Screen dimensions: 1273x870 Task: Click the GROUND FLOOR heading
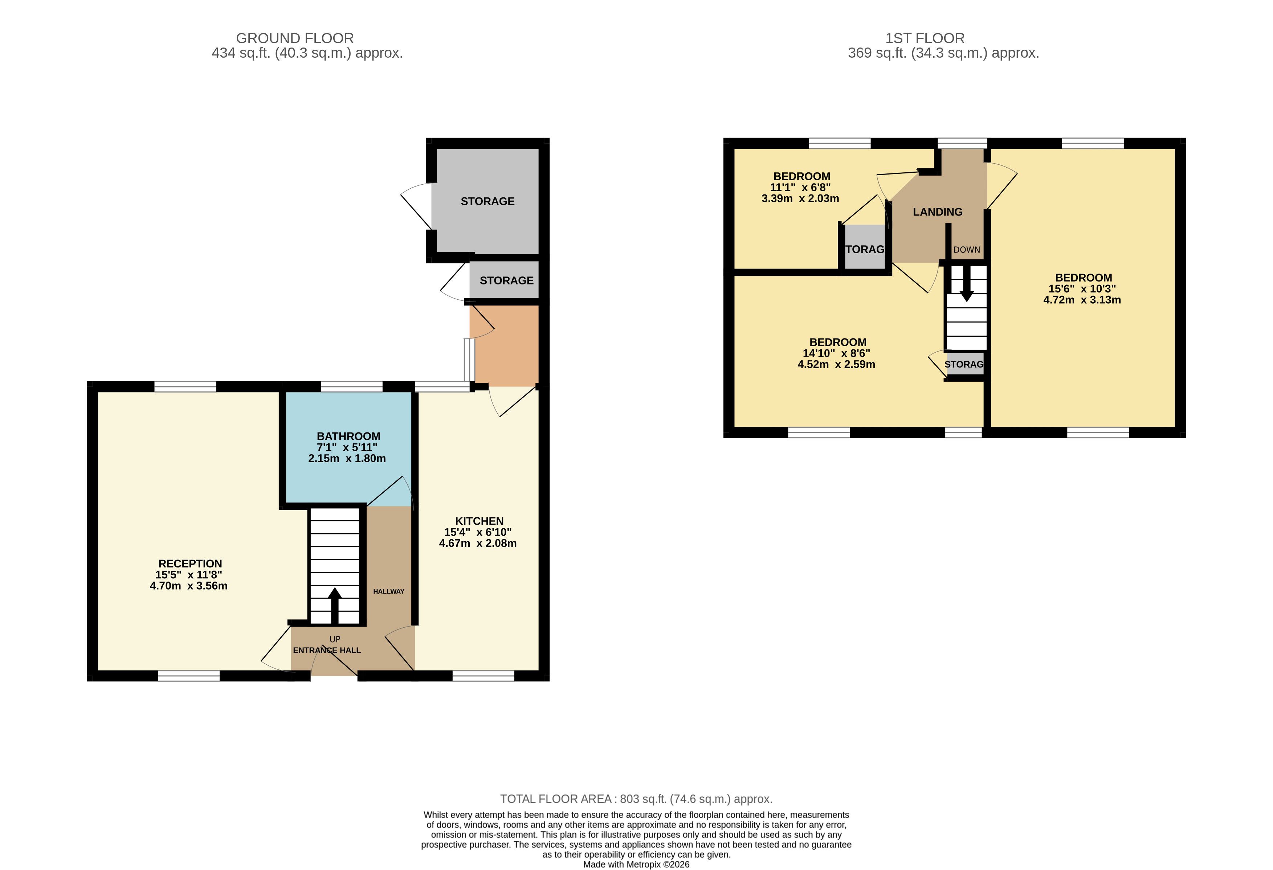[295, 38]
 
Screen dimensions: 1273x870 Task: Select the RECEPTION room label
[190, 563]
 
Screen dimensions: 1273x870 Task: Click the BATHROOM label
[348, 436]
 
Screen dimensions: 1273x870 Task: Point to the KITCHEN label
[479, 521]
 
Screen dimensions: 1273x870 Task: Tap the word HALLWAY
[389, 591]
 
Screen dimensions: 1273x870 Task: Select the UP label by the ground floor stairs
[335, 639]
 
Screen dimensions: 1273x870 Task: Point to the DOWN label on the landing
[967, 250]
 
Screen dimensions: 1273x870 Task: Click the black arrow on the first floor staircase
[967, 283]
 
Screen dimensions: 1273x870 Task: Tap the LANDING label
[938, 212]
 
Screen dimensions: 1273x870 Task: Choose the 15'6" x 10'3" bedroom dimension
[1082, 288]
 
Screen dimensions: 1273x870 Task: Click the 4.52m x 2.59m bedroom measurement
[836, 364]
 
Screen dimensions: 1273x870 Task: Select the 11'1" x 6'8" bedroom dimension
[800, 187]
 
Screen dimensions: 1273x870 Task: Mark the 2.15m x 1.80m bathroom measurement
[347, 458]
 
